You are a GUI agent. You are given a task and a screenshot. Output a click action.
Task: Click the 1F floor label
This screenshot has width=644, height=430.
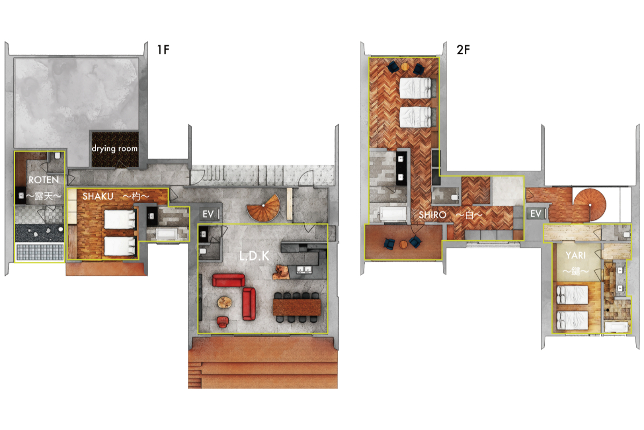163,49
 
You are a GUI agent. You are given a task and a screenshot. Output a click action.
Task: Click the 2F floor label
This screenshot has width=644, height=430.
463,49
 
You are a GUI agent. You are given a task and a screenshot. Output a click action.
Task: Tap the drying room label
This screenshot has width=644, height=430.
115,148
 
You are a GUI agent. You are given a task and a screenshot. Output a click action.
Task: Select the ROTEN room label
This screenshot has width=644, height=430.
43,180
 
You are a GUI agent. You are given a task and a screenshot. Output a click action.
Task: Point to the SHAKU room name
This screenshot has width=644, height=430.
98,196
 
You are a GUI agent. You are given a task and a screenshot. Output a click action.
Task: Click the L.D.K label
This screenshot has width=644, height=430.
254,256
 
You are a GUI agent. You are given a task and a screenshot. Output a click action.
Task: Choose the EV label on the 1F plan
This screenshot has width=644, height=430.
208,214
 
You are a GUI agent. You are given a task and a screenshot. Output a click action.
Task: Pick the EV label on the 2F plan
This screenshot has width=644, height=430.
536,214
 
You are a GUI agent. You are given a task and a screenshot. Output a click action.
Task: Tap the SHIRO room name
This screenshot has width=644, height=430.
433,215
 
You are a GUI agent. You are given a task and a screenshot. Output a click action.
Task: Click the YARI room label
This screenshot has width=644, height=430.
575,255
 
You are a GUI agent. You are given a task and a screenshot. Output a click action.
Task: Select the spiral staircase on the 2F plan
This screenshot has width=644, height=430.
589,205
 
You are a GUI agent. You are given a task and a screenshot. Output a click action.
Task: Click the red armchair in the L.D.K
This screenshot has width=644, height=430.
223,322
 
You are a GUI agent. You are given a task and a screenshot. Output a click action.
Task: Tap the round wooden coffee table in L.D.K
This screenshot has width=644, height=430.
225,303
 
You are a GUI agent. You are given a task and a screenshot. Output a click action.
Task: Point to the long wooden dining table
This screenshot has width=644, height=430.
297,307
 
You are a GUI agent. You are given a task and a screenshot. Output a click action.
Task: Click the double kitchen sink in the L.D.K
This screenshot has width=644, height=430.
304,270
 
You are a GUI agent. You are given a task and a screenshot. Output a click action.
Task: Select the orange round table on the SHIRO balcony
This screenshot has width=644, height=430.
404,244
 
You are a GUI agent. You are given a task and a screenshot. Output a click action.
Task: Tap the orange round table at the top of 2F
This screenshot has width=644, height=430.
405,67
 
